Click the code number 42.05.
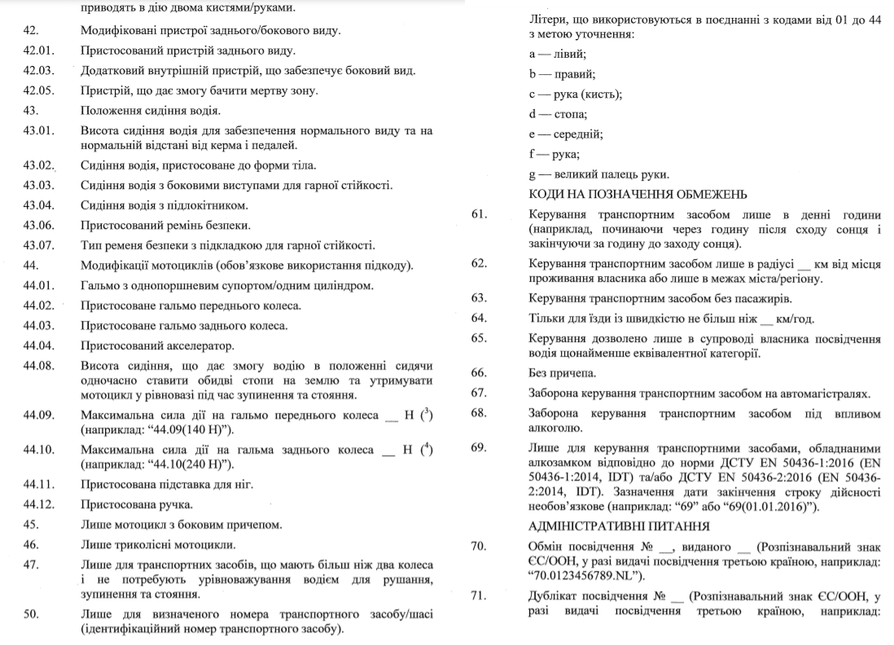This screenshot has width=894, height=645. click(39, 90)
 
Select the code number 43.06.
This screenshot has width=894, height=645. click(39, 225)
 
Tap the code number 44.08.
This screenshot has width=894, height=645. click(39, 365)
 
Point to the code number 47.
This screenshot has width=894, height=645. click(33, 564)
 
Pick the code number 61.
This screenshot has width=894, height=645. click(479, 215)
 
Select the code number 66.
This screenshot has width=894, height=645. click(479, 372)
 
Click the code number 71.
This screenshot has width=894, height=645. click(479, 595)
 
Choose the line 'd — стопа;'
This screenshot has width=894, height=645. click(558, 113)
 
